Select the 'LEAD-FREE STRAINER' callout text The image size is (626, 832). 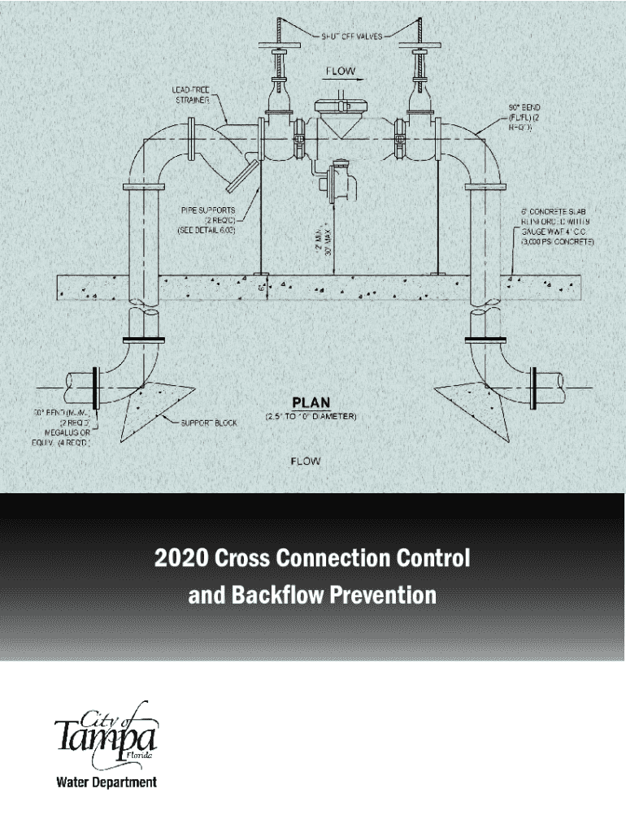(x=192, y=94)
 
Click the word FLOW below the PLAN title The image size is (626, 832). (x=306, y=461)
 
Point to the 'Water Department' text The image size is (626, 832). (x=106, y=783)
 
